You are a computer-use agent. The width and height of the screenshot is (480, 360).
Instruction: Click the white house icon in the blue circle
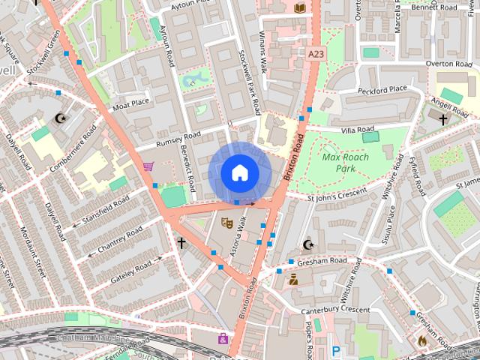pyautogui.click(x=239, y=172)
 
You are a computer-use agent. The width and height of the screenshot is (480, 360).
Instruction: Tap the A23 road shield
pyautogui.click(x=316, y=53)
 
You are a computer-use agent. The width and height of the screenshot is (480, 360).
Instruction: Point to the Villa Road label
pyautogui.click(x=358, y=130)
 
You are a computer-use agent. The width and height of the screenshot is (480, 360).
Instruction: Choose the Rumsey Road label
pyautogui.click(x=178, y=139)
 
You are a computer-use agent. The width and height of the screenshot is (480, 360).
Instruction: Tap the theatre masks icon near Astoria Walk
pyautogui.click(x=224, y=221)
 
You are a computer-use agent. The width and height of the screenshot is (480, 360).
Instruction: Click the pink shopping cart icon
pyautogui.click(x=148, y=166)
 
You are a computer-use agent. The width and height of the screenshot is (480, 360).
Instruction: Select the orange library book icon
pyautogui.click(x=300, y=7)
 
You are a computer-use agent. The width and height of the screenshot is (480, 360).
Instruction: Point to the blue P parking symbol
pyautogui.click(x=336, y=349)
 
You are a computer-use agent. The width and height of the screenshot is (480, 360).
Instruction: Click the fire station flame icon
pyautogui.click(x=422, y=340)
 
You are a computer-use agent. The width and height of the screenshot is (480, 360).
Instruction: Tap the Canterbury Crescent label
pyautogui.click(x=335, y=310)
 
